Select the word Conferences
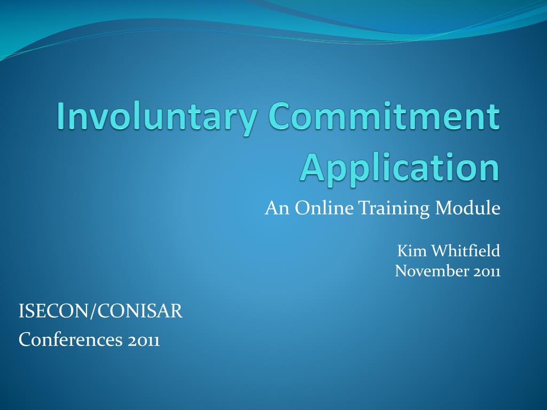[x=71, y=340]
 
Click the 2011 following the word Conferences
[x=144, y=340]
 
